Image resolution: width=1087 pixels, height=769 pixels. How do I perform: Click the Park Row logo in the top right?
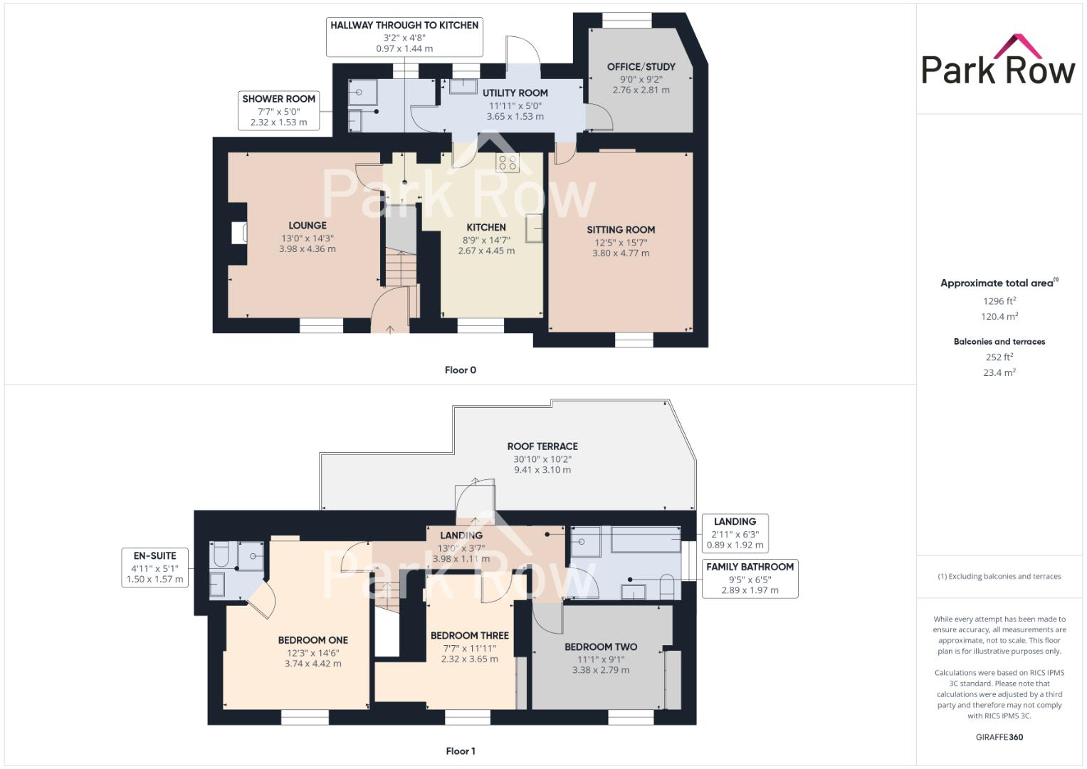pos(998,61)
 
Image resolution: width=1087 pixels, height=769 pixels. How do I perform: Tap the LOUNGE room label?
pos(308,226)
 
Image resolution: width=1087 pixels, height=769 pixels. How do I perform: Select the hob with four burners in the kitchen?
pos(508,162)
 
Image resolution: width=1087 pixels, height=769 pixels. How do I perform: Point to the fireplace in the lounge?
pos(239,233)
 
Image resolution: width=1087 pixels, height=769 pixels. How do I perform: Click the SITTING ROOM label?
pos(621,230)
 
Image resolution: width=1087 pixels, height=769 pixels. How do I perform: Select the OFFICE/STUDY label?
pos(641,67)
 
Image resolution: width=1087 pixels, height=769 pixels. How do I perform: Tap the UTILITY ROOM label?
pos(515,93)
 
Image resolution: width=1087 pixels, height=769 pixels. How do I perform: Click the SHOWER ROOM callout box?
pos(278,110)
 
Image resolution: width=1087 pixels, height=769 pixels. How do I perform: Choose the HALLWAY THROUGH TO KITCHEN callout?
pos(404,36)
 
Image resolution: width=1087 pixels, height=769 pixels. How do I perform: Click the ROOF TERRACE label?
pos(542,446)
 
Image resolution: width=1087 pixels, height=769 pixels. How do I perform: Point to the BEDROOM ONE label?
pos(313,640)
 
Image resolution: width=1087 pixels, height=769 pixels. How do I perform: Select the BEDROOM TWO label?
pos(601,647)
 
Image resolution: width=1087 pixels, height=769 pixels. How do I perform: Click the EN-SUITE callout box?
pos(154,567)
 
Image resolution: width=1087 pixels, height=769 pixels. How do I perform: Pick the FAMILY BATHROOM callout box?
pos(750,578)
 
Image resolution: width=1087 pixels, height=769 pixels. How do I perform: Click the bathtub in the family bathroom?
pos(646,540)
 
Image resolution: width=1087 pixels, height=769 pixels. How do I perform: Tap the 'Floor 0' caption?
pos(460,370)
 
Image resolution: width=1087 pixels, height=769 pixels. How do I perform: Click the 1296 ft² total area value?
pos(999,301)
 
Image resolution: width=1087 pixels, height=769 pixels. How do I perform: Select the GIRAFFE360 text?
pos(999,737)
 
